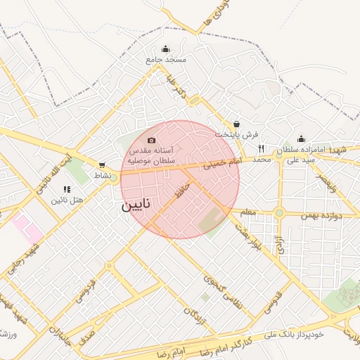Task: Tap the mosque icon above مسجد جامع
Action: pyautogui.click(x=165, y=49)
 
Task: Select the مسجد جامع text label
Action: pyautogui.click(x=166, y=60)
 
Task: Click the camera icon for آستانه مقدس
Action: pyautogui.click(x=151, y=141)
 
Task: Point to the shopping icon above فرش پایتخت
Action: pyautogui.click(x=237, y=123)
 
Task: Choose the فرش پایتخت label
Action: pyautogui.click(x=237, y=134)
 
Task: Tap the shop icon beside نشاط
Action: pyautogui.click(x=102, y=165)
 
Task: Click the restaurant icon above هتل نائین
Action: pyautogui.click(x=67, y=189)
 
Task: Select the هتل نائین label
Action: pyautogui.click(x=67, y=200)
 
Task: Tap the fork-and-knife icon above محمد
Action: pyautogui.click(x=261, y=148)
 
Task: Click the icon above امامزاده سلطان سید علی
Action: pyautogui.click(x=301, y=139)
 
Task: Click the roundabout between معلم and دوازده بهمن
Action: pyautogui.click(x=279, y=212)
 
